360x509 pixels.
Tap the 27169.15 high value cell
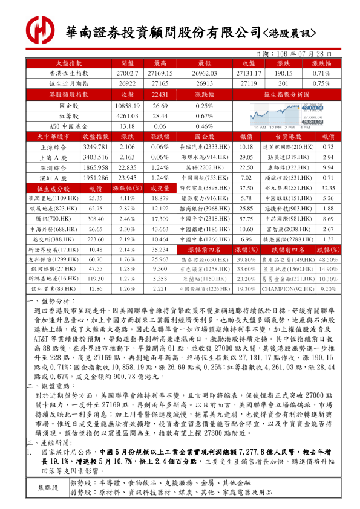tap(160, 73)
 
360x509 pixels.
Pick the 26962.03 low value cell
tap(204, 73)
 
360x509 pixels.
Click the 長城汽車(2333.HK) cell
tap(204, 147)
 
